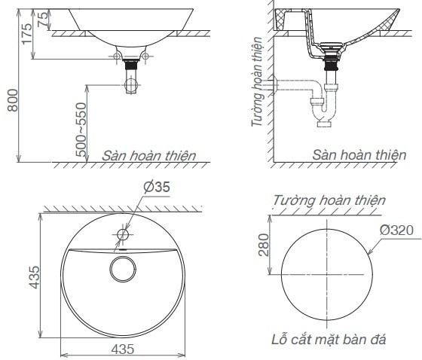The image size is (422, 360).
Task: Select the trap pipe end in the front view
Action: pos(132,86)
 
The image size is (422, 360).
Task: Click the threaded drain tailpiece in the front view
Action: pos(132,67)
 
